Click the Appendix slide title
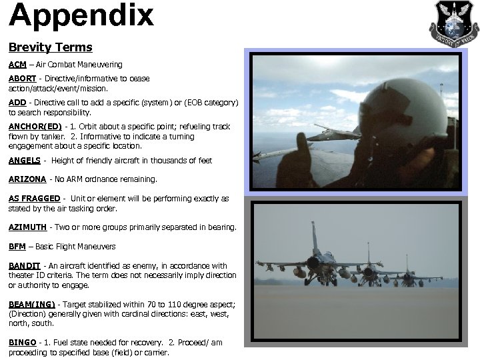pyautogui.click(x=81, y=16)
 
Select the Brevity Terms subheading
pyautogui.click(x=50, y=48)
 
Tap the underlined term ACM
pyautogui.click(x=17, y=65)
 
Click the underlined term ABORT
pyautogui.click(x=22, y=79)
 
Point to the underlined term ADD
pyautogui.click(x=17, y=103)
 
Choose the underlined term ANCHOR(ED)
pyautogui.click(x=35, y=127)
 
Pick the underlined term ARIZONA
pyautogui.click(x=27, y=179)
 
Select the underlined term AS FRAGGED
pyautogui.click(x=34, y=199)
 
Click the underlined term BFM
pyautogui.click(x=17, y=246)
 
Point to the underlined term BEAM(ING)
pyautogui.click(x=33, y=304)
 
